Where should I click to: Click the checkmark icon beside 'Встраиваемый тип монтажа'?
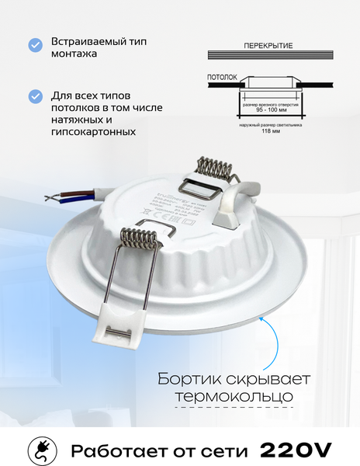click(36, 45)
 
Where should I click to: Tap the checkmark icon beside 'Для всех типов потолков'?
click(36, 96)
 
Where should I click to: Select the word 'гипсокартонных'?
click(93, 132)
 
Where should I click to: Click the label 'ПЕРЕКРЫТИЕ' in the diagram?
click(268, 46)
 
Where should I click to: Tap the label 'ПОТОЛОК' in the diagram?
click(223, 78)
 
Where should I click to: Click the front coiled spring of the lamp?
click(145, 231)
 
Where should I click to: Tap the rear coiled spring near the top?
click(212, 169)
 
